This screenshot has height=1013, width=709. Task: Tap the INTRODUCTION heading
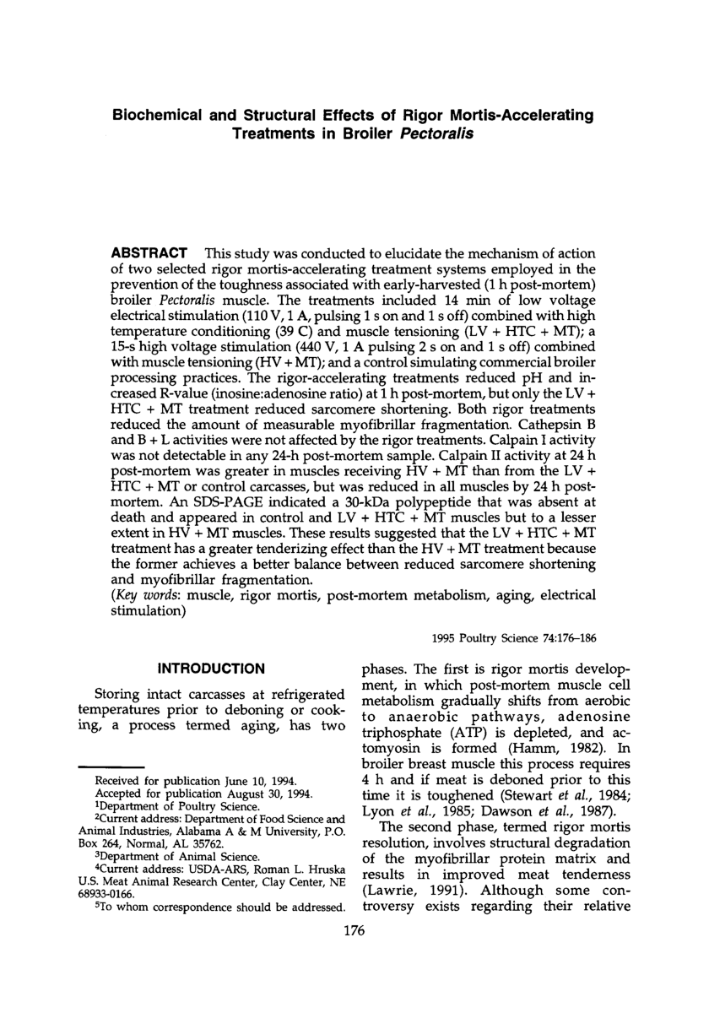pyautogui.click(x=212, y=669)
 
